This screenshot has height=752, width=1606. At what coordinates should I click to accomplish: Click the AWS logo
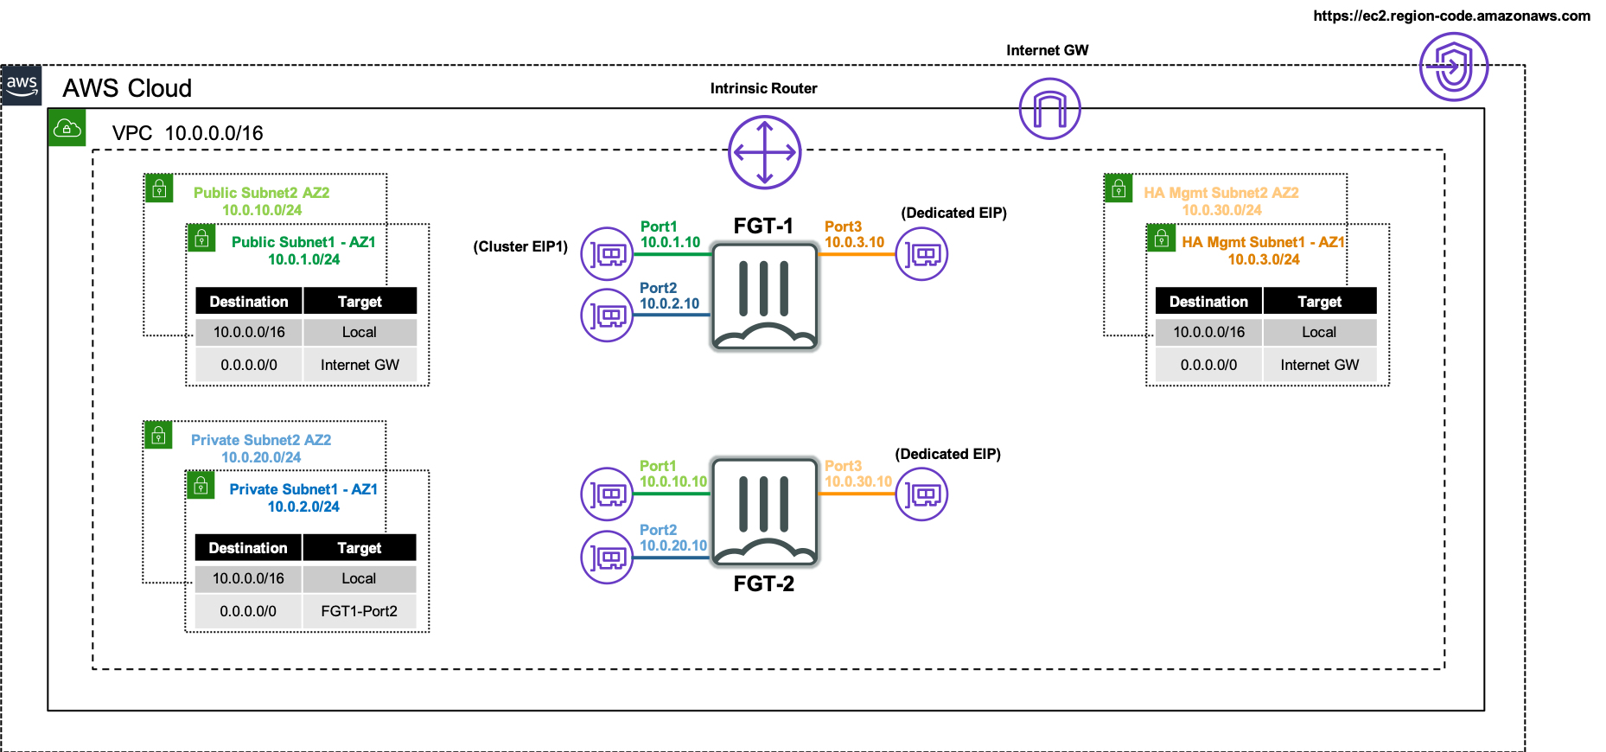tap(22, 86)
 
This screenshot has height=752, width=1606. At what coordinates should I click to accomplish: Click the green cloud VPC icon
tap(67, 128)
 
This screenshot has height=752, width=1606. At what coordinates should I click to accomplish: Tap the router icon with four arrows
tap(764, 152)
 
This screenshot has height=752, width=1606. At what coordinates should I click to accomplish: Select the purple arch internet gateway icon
tap(1049, 108)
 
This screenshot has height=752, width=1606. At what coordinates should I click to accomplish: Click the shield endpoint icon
tap(1453, 67)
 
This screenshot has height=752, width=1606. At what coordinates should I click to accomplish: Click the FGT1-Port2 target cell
tap(359, 611)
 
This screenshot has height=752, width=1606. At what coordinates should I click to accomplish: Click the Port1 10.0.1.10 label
tap(670, 234)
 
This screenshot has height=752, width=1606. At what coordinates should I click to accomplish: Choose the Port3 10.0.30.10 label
tap(857, 474)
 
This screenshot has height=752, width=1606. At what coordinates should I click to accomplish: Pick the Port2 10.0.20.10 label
tap(672, 538)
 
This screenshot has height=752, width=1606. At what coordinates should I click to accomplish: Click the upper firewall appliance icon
tap(764, 296)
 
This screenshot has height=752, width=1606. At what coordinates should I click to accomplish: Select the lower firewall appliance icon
tap(764, 512)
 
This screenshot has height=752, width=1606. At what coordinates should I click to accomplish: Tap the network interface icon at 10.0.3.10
tap(921, 254)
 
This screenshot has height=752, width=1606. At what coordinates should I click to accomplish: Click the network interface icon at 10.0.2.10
tap(607, 315)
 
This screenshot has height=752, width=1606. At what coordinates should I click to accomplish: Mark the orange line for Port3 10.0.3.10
tap(856, 255)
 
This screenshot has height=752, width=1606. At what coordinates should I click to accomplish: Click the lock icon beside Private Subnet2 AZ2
tap(158, 436)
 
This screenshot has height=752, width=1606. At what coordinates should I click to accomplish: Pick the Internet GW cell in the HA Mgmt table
tap(1319, 365)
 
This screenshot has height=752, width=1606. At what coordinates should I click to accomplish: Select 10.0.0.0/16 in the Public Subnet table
tap(249, 332)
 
